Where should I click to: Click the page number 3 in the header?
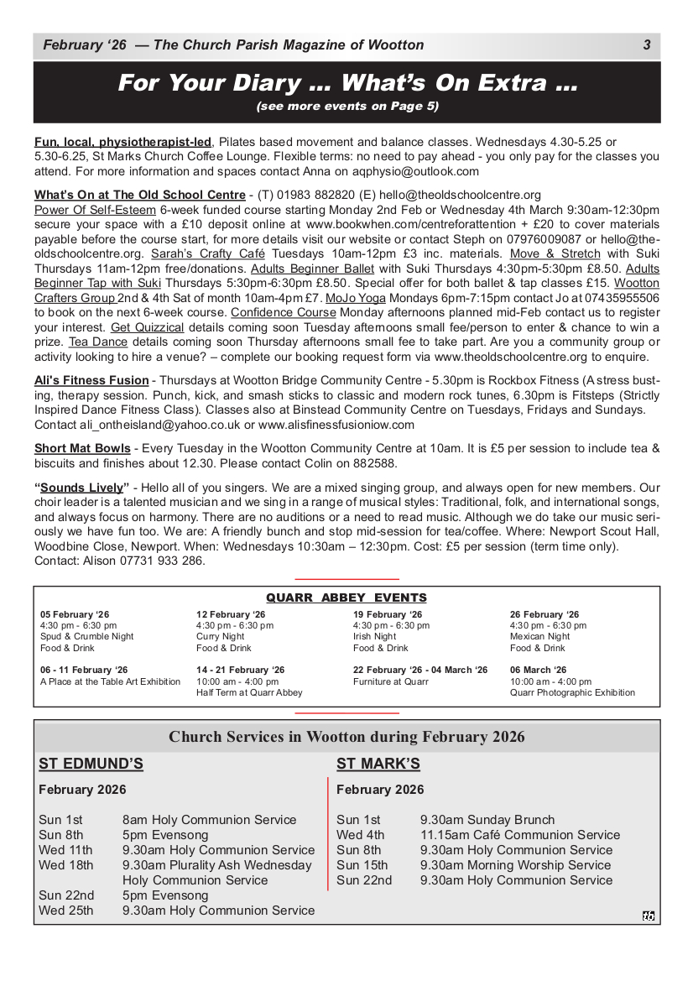tap(647, 45)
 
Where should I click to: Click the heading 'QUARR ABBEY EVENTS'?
tap(346, 598)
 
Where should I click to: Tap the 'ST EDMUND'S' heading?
tap(91, 764)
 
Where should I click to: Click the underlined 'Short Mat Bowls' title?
tap(82, 448)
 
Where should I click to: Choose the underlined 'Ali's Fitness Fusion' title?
tap(91, 380)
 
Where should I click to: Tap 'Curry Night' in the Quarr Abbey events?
tap(221, 637)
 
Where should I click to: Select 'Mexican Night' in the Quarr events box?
tap(539, 637)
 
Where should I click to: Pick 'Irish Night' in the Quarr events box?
tap(374, 637)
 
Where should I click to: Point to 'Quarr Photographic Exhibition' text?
tap(572, 693)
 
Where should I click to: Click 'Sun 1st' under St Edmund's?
tap(60, 820)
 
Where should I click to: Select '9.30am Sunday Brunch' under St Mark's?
tap(487, 820)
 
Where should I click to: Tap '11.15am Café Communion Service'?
tap(520, 835)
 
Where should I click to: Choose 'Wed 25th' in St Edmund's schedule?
tap(66, 911)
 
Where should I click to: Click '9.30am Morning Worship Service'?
tap(515, 865)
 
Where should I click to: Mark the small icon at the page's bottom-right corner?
tap(648, 916)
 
